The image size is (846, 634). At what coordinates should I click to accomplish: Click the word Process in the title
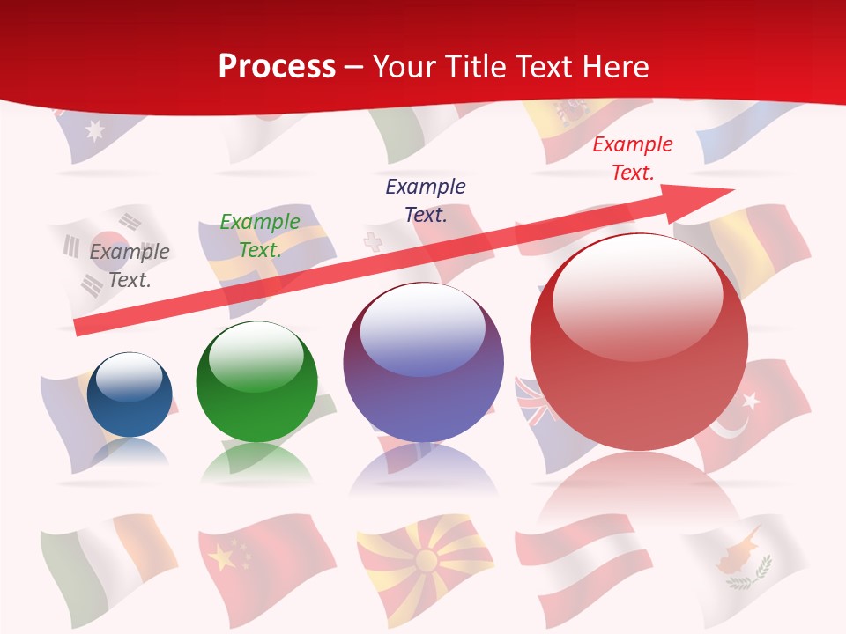(x=277, y=67)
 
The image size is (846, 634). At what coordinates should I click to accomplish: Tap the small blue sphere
(x=130, y=394)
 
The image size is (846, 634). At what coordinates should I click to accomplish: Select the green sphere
(x=256, y=382)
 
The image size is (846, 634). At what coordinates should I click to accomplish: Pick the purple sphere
(x=423, y=363)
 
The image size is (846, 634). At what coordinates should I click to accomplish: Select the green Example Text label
(x=260, y=236)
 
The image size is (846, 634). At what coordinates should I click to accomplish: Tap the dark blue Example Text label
(x=426, y=200)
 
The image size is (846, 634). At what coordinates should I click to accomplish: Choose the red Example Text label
(x=633, y=158)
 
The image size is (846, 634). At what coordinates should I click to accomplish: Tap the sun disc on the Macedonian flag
(x=427, y=560)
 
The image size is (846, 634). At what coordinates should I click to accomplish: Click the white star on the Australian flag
(x=93, y=130)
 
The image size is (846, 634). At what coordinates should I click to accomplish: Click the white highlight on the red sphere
(x=637, y=292)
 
